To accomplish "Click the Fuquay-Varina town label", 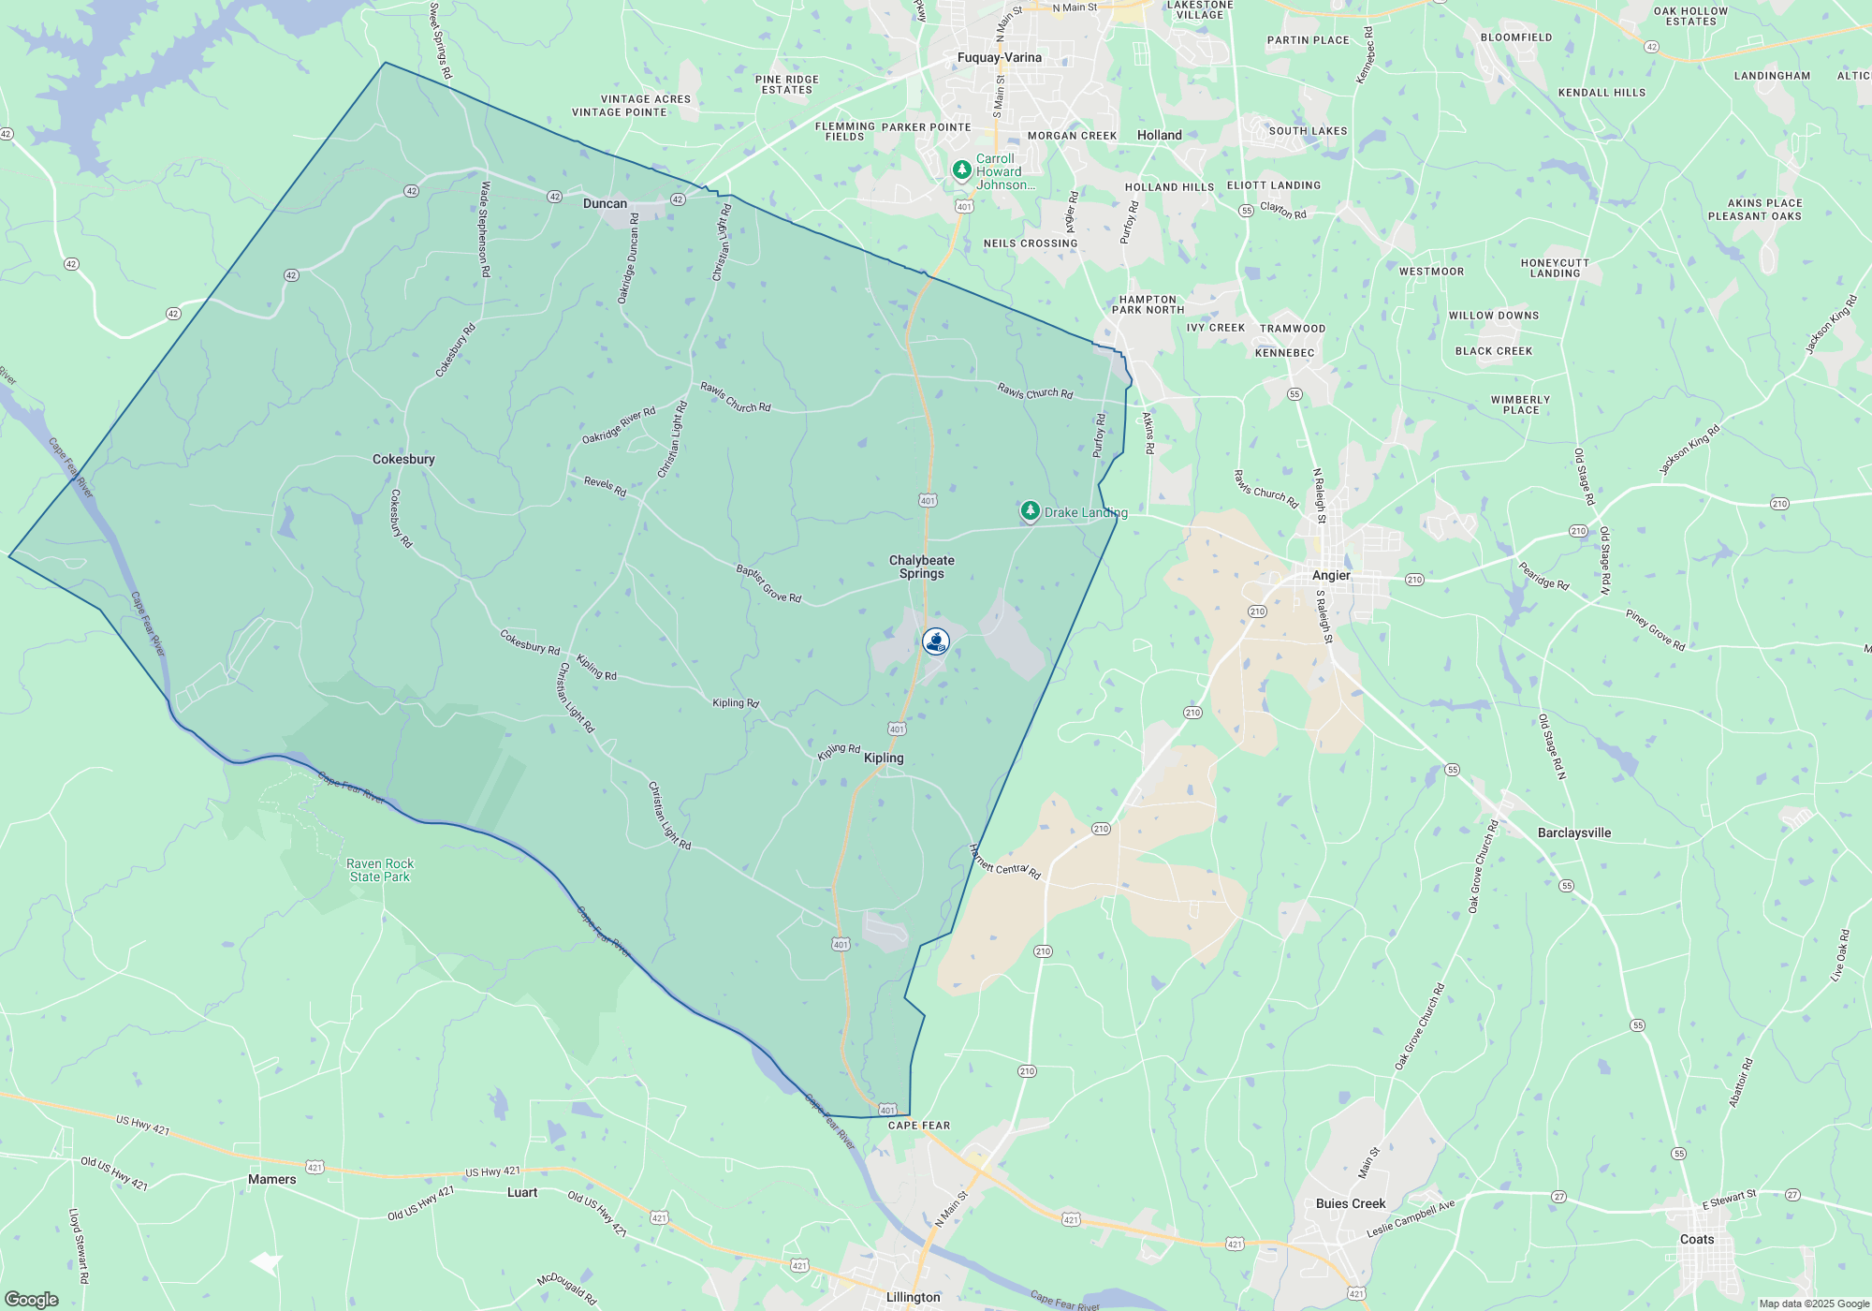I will click(x=999, y=58).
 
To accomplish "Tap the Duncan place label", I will click(x=605, y=204).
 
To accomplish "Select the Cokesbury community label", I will click(x=403, y=460).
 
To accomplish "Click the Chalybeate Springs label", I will click(x=922, y=567).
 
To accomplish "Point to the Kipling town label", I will click(x=884, y=759).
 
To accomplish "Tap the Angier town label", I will click(x=1331, y=576).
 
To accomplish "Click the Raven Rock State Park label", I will click(x=380, y=871).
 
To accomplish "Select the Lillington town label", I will click(x=913, y=1298).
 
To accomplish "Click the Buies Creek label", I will click(x=1351, y=1204).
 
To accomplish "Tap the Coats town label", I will click(x=1697, y=1240).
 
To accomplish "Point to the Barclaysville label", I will click(x=1574, y=833).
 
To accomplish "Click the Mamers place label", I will click(x=272, y=1180).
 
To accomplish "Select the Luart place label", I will click(x=522, y=1193).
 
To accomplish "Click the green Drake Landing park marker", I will click(x=1031, y=511).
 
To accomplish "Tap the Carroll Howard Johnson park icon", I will click(x=961, y=169).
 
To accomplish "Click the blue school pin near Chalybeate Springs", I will click(x=936, y=641).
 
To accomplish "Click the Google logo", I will click(x=32, y=1300).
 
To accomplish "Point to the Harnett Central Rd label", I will click(x=1005, y=862).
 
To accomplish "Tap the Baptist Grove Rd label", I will click(x=768, y=584).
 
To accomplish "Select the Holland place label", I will click(x=1159, y=136).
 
